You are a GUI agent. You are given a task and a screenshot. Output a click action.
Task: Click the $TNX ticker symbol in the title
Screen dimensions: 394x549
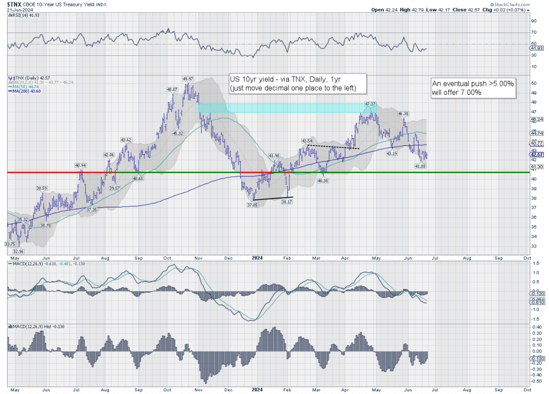pyautogui.click(x=15, y=4)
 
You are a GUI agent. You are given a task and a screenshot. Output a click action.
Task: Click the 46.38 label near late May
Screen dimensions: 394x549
pyautogui.click(x=404, y=113)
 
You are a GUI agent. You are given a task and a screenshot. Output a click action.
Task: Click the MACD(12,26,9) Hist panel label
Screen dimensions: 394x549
pyautogui.click(x=31, y=326)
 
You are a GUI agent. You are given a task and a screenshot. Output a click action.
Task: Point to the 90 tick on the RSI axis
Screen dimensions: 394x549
pyautogui.click(x=533, y=21)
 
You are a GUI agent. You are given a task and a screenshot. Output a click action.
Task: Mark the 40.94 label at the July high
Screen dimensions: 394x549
pyautogui.click(x=80, y=166)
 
